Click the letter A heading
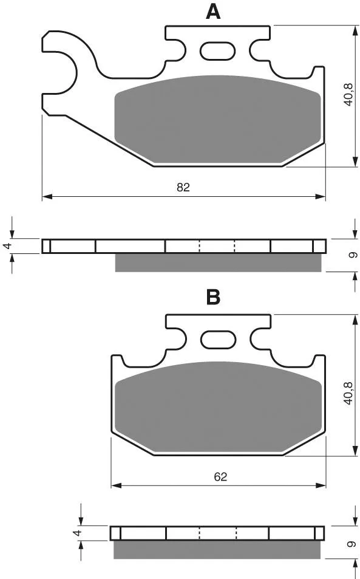click(213, 12)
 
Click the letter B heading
click(213, 297)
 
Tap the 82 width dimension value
click(183, 188)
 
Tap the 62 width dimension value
click(220, 477)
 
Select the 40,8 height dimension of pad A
click(348, 95)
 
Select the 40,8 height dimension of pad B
click(348, 394)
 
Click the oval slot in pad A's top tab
click(217, 51)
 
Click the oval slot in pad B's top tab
click(217, 340)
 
